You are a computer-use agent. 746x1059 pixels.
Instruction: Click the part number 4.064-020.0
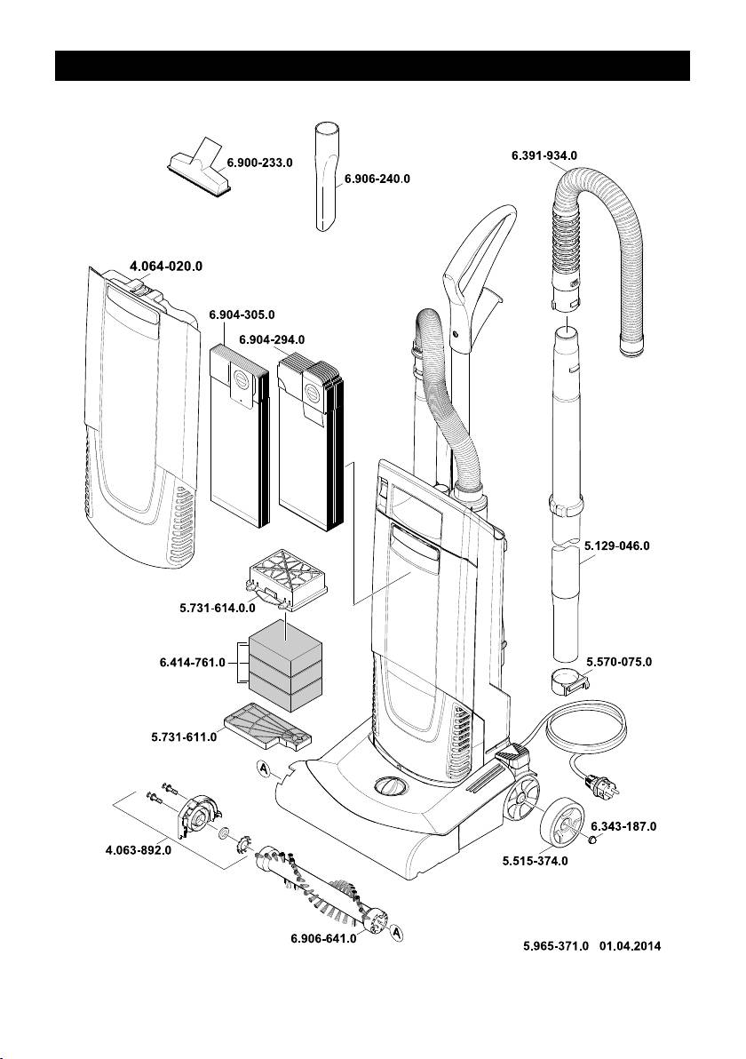(171, 265)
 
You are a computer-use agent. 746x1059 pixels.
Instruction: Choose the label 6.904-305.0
(242, 315)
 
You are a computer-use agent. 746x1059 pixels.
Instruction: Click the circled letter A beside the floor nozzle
(264, 769)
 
